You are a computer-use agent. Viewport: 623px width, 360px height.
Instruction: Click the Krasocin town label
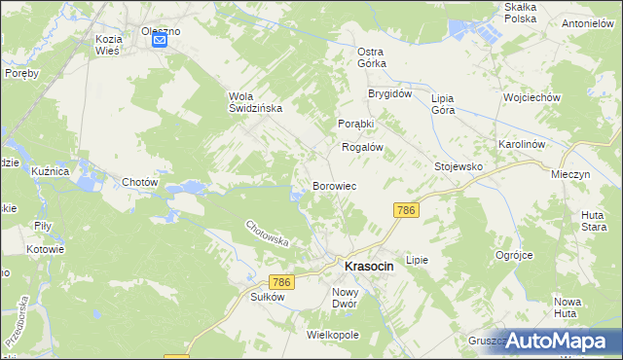(x=369, y=266)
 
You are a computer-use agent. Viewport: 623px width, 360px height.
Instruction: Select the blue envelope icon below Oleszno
(x=161, y=41)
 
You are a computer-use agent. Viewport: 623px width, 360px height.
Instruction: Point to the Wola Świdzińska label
(x=255, y=102)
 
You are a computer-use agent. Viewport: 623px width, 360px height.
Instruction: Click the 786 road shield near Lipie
(x=406, y=210)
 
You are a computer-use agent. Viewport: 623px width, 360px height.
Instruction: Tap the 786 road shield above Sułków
(x=281, y=282)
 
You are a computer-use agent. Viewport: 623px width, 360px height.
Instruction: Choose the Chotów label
(x=140, y=183)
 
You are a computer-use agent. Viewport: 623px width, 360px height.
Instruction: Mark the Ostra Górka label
(x=372, y=56)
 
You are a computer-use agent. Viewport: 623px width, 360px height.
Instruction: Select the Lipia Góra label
(x=443, y=104)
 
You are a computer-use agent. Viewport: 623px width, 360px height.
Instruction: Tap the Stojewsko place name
(x=458, y=166)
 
